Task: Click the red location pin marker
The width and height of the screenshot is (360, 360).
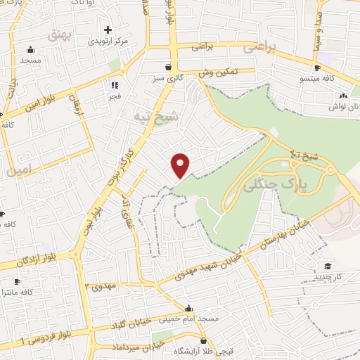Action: coord(181,165)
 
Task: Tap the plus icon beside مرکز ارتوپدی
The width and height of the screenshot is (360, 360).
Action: coord(108,30)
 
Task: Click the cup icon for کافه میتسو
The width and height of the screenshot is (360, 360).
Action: coord(317,67)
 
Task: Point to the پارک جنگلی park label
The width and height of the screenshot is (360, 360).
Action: coord(265,185)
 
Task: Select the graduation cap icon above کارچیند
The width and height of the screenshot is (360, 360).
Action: coord(328,266)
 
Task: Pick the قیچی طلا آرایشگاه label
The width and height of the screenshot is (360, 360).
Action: coord(205,350)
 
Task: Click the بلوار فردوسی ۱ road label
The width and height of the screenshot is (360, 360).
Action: coord(25,340)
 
